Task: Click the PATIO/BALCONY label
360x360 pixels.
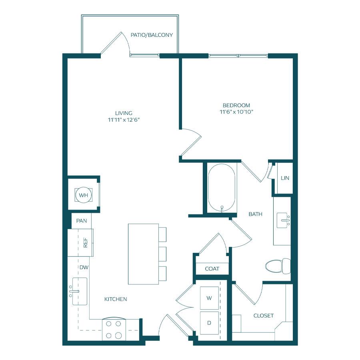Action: tap(152, 35)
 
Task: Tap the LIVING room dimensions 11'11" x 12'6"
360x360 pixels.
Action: tap(124, 120)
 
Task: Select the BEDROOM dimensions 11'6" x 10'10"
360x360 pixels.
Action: tap(236, 112)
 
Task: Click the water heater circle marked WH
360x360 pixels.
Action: tap(83, 195)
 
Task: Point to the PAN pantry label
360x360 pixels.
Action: tap(82, 221)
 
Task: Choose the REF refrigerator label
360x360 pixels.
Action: tap(86, 242)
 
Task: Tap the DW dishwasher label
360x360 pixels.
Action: tap(84, 267)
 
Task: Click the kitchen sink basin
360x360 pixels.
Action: tap(80, 291)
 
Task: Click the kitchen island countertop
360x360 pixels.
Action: tap(143, 254)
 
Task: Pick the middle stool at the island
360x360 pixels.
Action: tap(162, 254)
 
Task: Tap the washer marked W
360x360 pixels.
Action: tap(209, 298)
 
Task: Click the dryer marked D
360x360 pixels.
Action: tap(209, 323)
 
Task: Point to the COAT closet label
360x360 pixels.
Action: tap(212, 269)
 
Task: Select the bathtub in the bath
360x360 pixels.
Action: tap(222, 187)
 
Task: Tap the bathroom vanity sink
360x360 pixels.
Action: tap(283, 220)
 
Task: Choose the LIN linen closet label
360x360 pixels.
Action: tap(285, 178)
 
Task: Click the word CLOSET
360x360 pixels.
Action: tap(263, 316)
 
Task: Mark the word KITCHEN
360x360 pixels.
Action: tap(116, 299)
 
